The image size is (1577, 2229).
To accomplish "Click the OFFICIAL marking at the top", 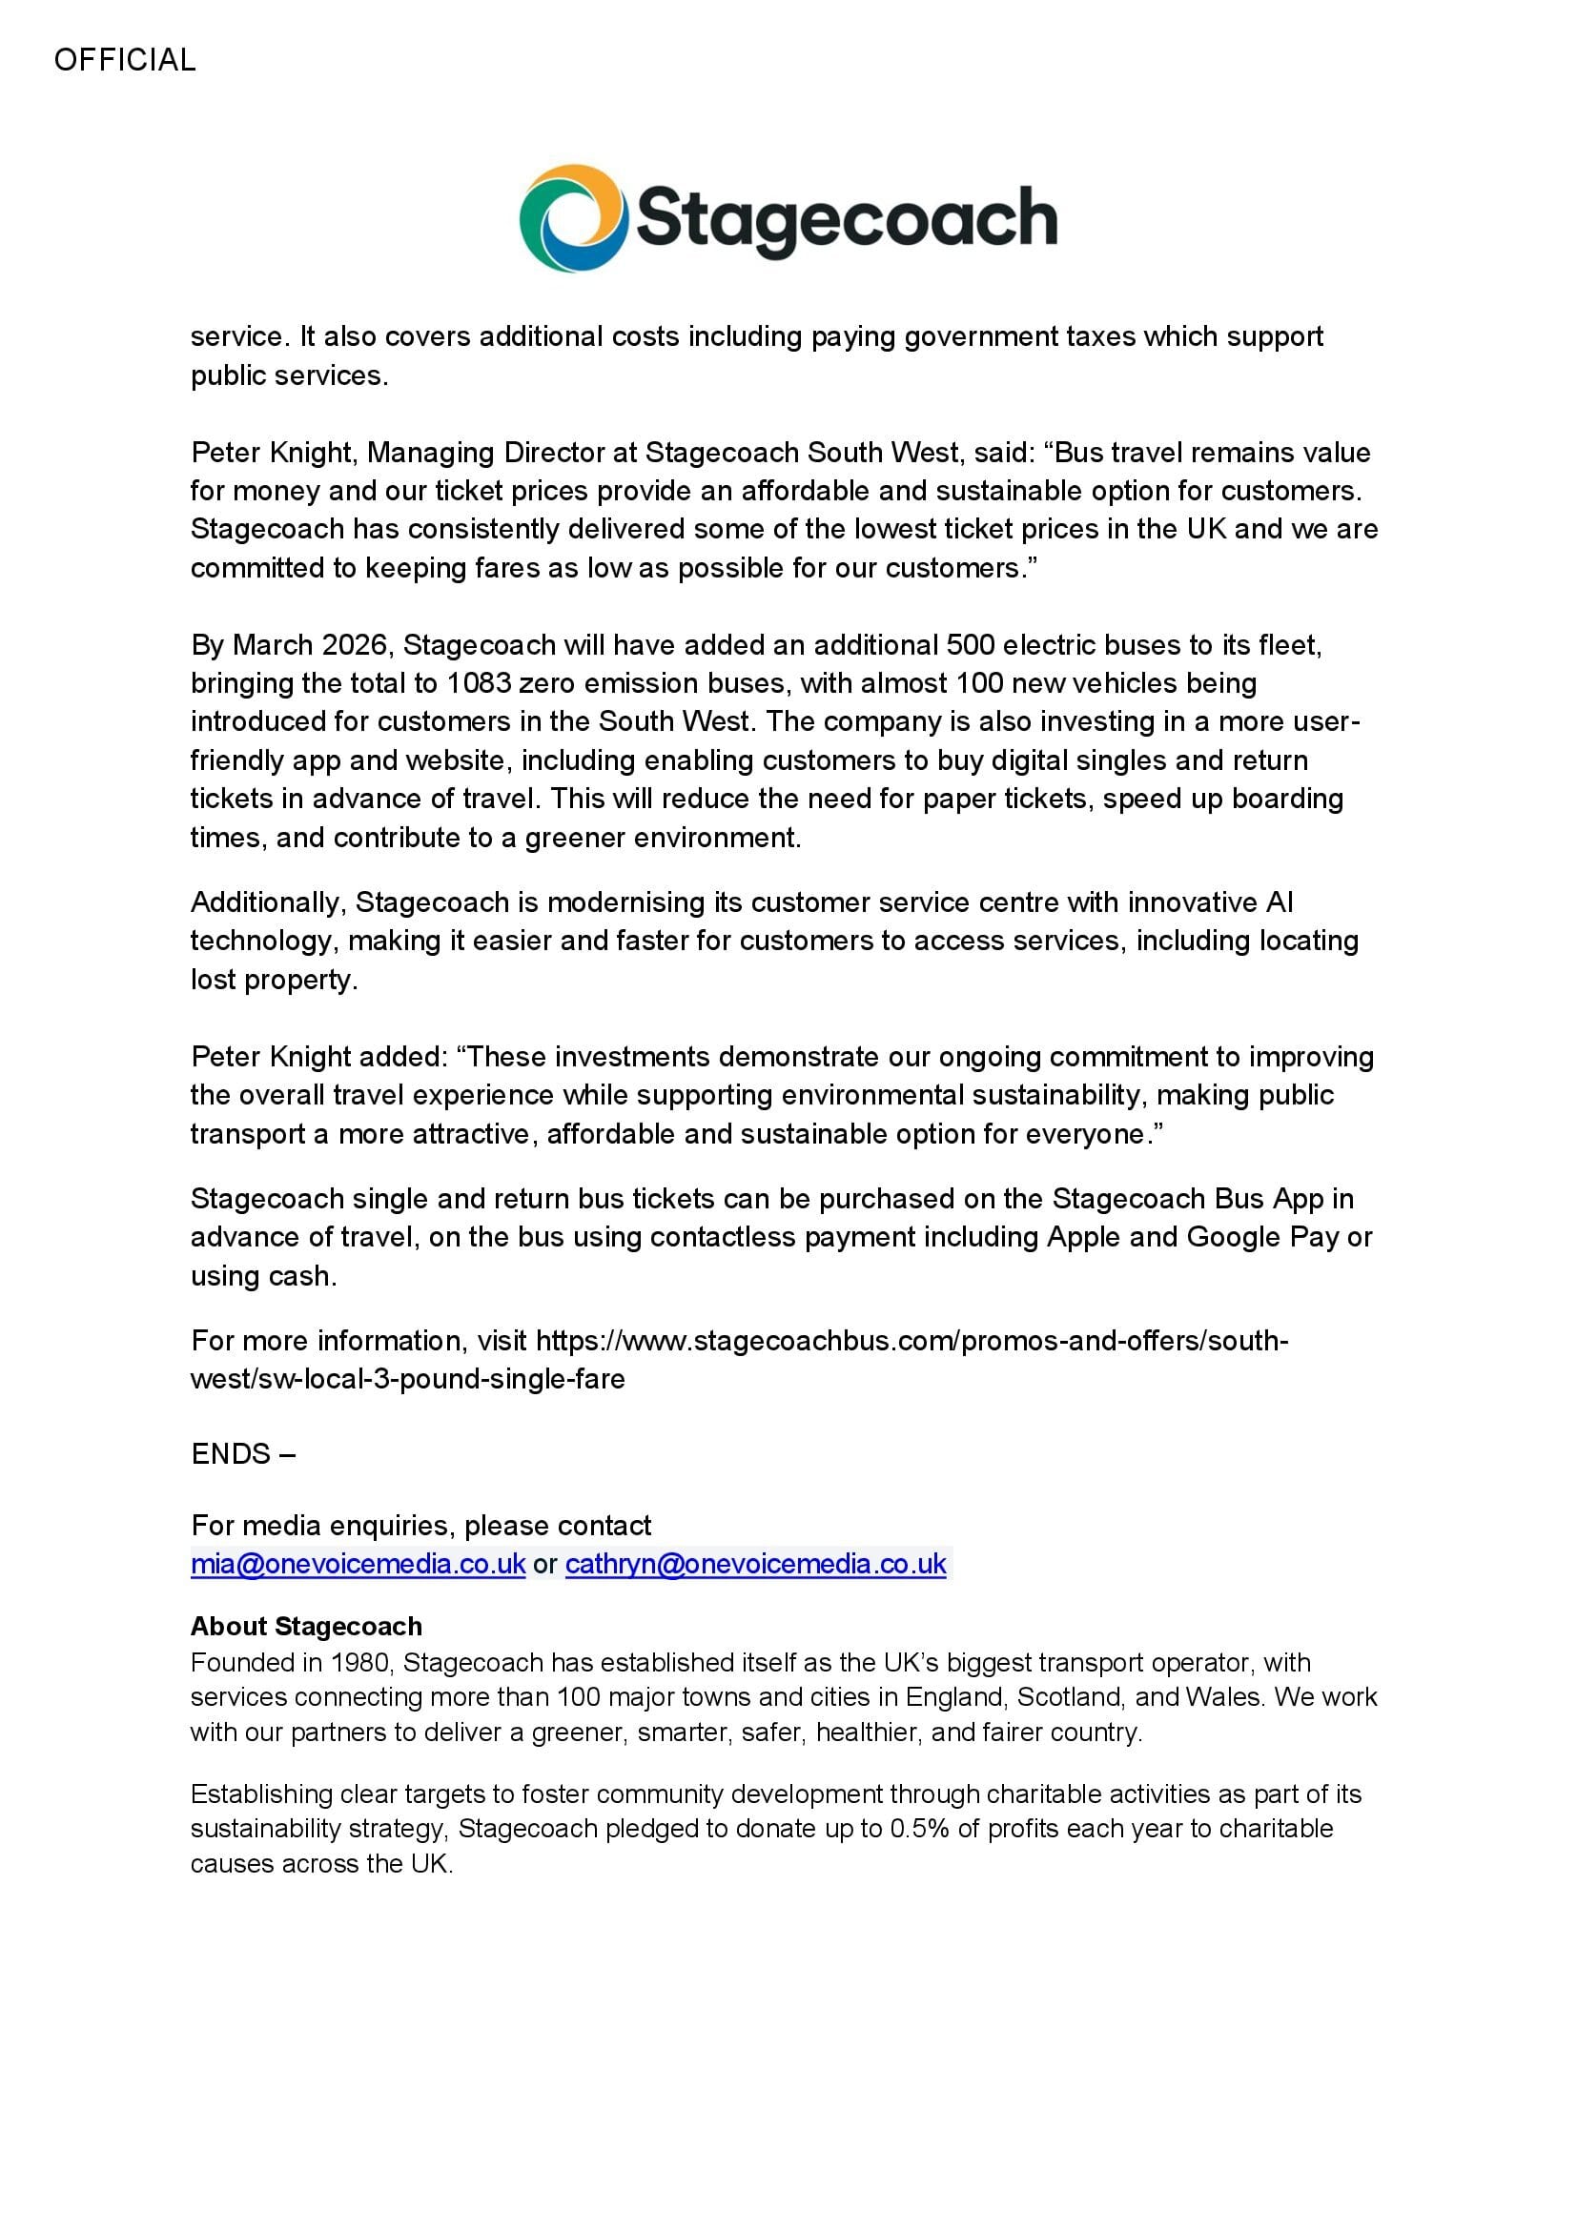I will pyautogui.click(x=124, y=60).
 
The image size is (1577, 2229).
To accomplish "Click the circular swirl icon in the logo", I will pyautogui.click(x=572, y=218).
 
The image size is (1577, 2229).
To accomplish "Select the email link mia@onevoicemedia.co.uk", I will pyautogui.click(x=358, y=1564).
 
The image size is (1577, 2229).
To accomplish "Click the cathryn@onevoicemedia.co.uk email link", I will pyautogui.click(x=755, y=1564).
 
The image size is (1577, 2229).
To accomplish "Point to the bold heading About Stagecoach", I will pyautogui.click(x=306, y=1626).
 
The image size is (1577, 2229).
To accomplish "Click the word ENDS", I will pyautogui.click(x=231, y=1454).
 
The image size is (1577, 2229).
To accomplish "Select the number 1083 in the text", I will pyautogui.click(x=478, y=683).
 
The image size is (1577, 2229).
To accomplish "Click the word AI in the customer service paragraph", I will pyautogui.click(x=1279, y=902).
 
